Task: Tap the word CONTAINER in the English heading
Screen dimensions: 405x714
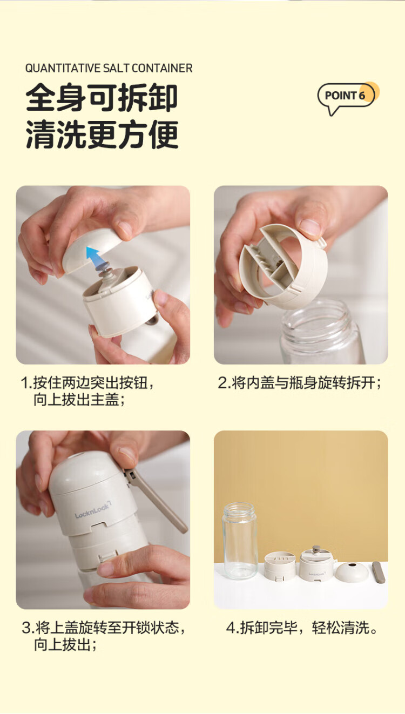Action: [162, 68]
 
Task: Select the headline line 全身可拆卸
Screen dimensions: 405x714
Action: [102, 98]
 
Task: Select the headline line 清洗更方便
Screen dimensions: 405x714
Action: [102, 134]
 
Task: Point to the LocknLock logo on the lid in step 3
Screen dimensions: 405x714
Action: [92, 510]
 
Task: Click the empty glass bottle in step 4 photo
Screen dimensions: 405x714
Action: [240, 541]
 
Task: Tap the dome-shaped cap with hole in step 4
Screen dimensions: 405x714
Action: [352, 571]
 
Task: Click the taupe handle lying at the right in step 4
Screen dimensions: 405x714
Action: [379, 571]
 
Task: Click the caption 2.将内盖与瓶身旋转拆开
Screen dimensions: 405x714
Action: [300, 382]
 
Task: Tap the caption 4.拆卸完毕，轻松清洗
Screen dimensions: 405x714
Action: [302, 628]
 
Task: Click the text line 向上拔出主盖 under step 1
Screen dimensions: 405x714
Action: [79, 400]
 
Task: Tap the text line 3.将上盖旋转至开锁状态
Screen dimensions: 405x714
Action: [103, 628]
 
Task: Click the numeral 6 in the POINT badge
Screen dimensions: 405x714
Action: [362, 95]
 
